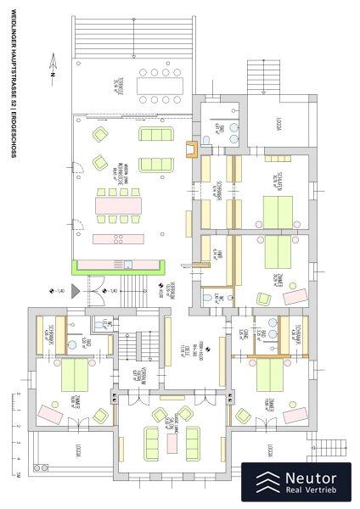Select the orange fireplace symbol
(194, 150)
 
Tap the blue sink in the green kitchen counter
(128, 265)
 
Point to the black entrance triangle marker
(76, 291)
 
